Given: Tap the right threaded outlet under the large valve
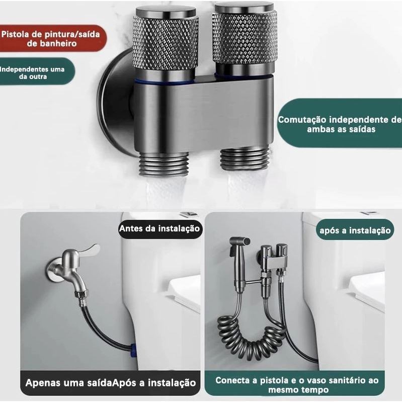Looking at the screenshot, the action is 244,159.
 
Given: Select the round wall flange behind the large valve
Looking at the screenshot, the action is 115,103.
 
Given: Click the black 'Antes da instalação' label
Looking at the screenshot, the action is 159,229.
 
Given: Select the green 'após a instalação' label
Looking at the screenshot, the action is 355,230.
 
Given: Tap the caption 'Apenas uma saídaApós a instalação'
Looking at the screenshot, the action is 111,383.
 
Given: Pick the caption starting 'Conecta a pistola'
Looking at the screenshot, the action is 297,384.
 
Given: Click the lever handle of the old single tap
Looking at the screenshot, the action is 89,250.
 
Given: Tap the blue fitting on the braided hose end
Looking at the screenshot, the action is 133,350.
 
